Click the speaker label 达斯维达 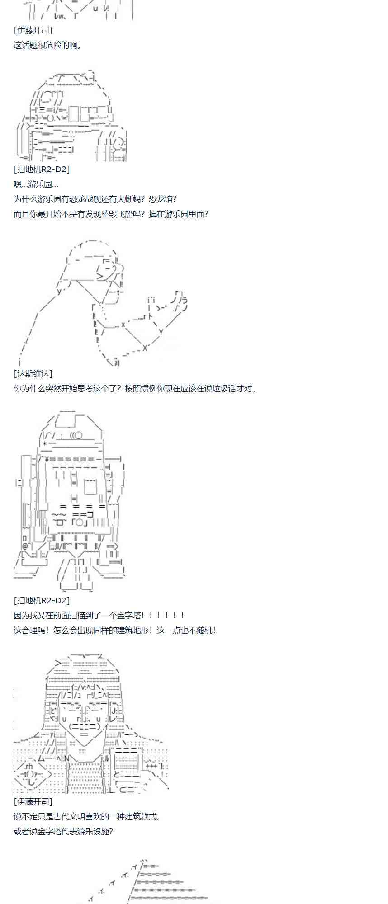(33, 373)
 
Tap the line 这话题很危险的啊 (47, 45)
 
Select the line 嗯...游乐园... (36, 184)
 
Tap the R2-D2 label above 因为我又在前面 (42, 600)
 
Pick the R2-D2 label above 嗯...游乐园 (42, 169)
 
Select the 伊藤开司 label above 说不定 (33, 801)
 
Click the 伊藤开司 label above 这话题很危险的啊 (33, 30)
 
